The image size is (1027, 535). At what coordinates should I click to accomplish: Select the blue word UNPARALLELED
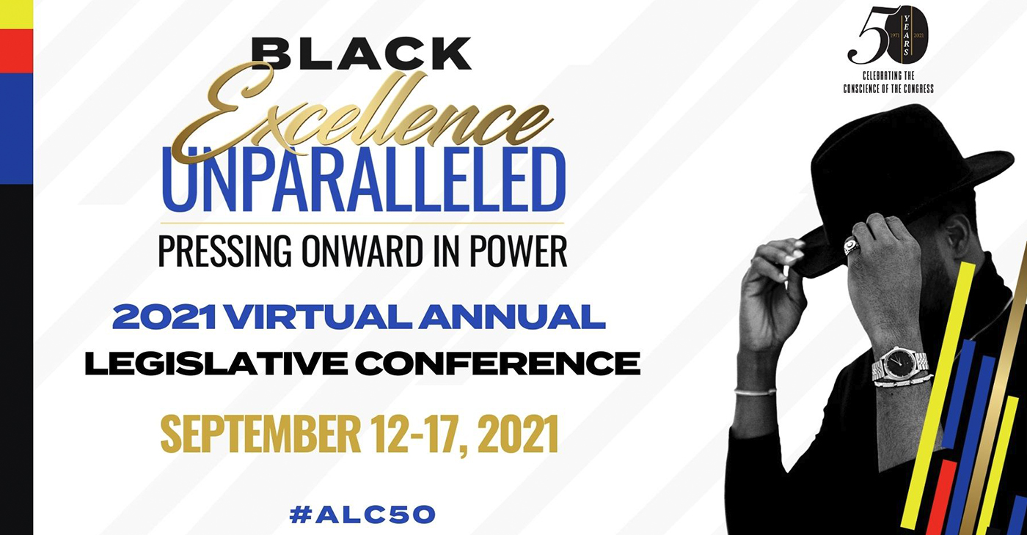(363, 180)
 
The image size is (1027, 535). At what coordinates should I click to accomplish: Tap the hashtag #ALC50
(362, 514)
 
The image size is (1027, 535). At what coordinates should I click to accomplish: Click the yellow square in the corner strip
(16, 14)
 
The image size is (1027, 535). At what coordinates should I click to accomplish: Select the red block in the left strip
(16, 51)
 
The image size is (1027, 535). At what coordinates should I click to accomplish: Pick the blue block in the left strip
(16, 128)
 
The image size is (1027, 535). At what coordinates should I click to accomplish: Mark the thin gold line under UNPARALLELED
(363, 222)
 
